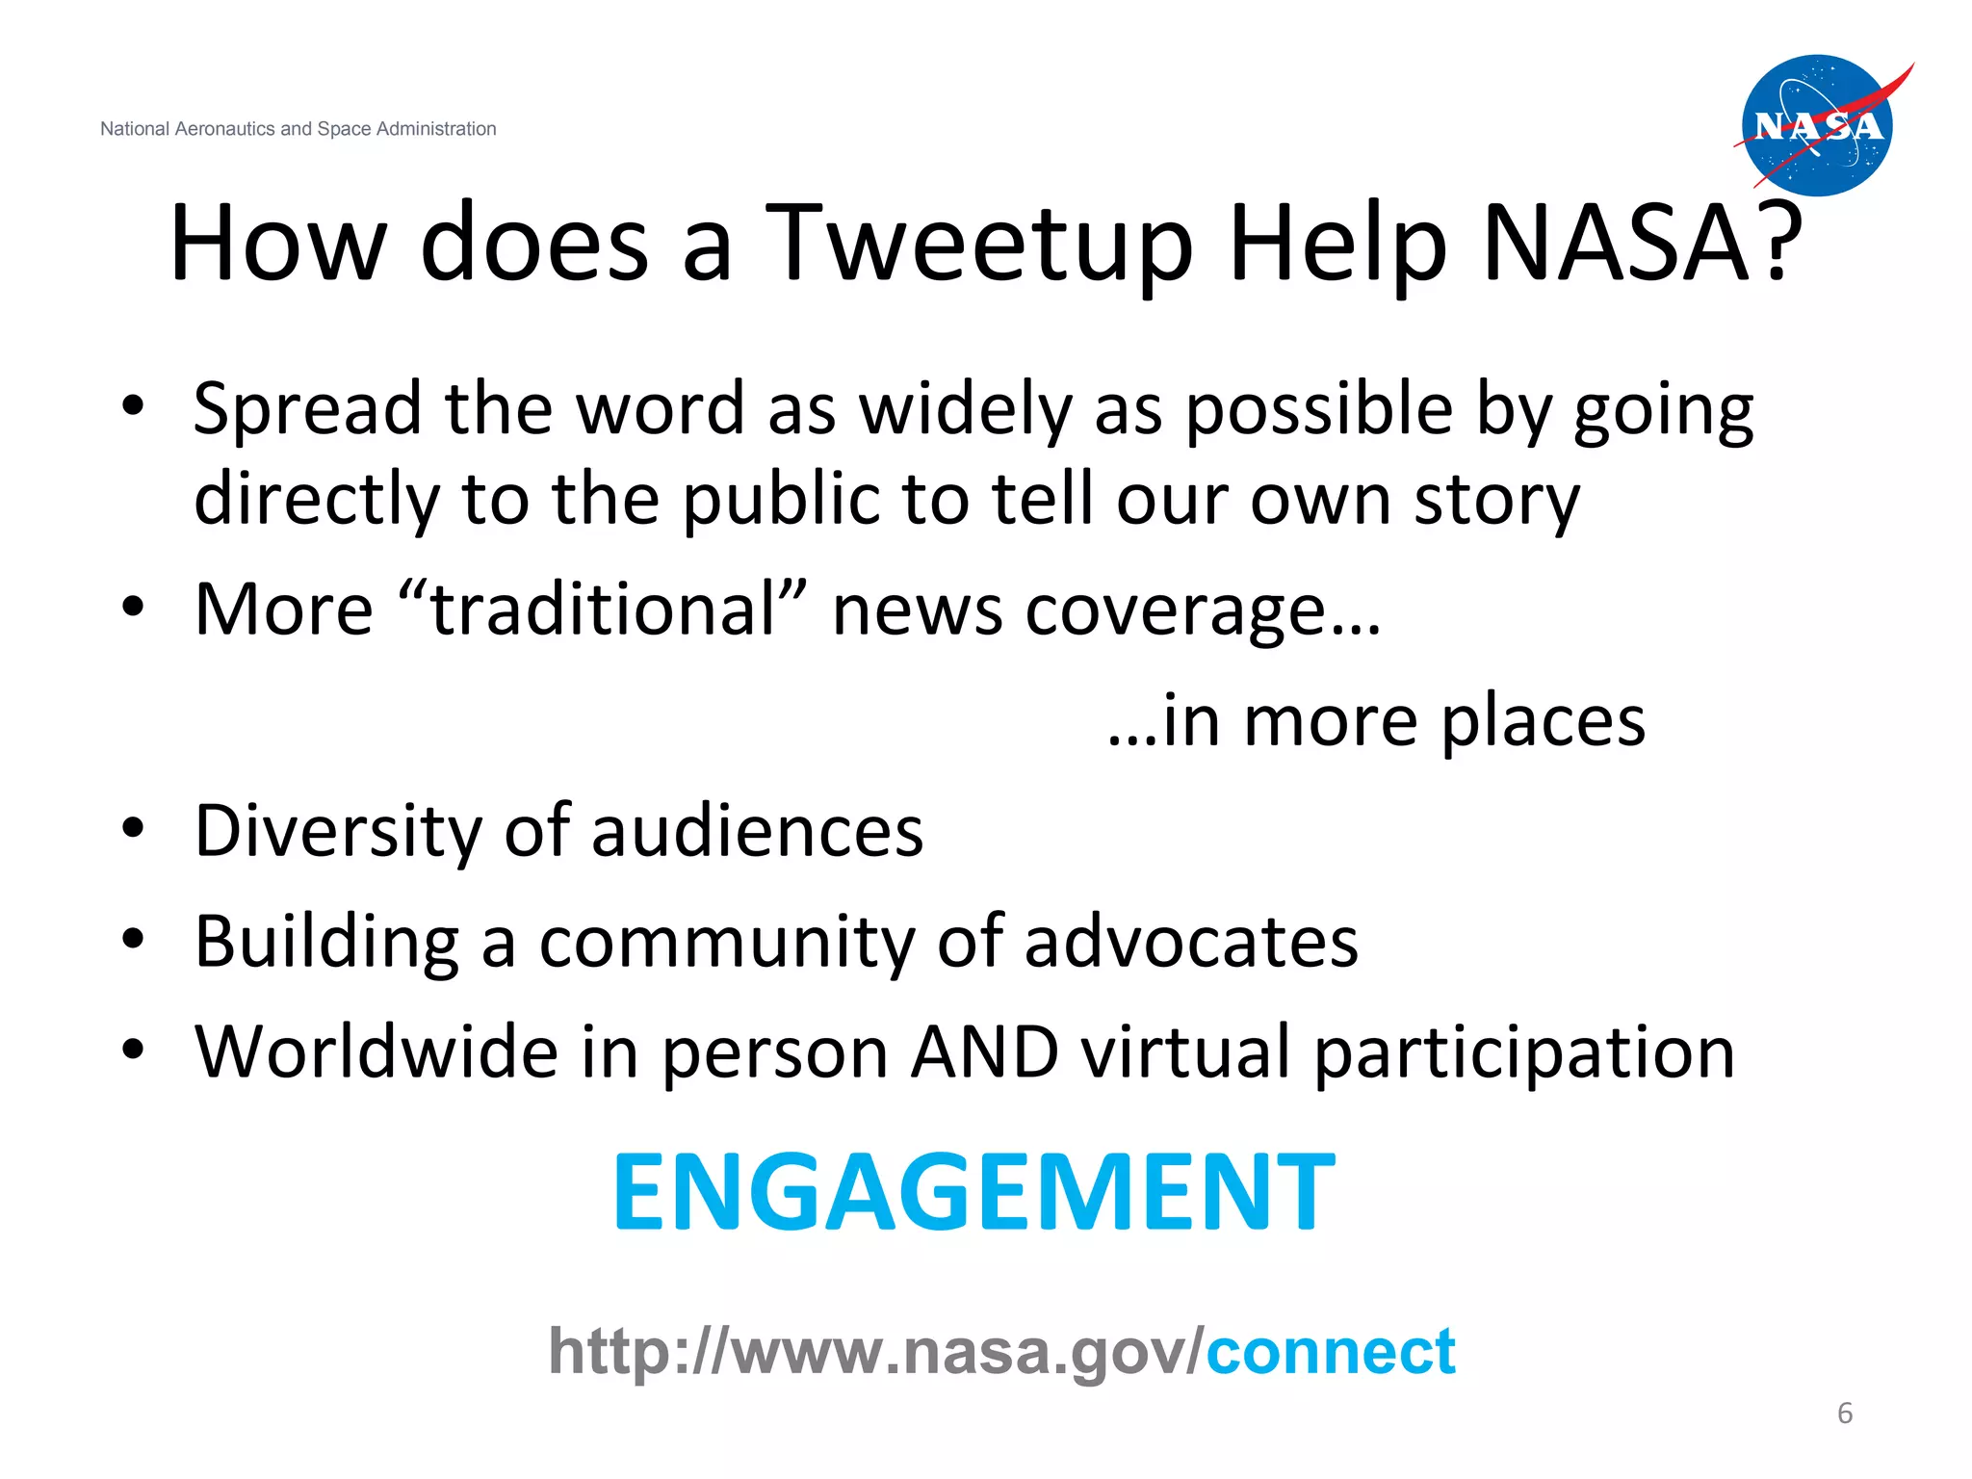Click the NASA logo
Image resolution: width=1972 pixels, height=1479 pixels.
point(1818,125)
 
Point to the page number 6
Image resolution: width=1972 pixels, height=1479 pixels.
point(1844,1413)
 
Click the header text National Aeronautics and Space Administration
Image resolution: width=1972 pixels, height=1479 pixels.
point(298,129)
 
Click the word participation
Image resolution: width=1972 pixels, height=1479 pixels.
point(1524,1053)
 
